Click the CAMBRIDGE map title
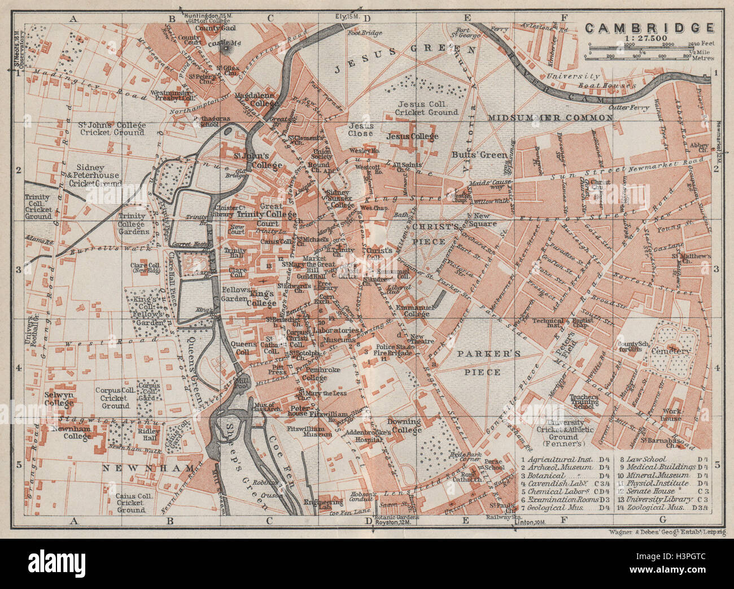649,28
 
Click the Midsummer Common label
550,117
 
